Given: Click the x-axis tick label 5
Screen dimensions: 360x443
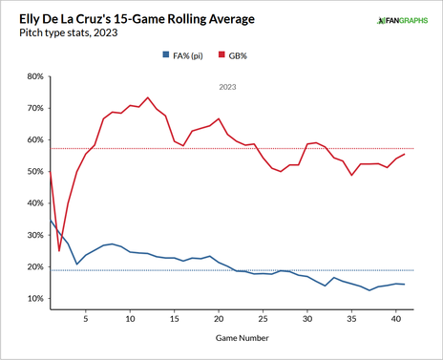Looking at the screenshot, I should (x=86, y=319).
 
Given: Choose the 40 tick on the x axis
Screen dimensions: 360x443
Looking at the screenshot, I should (x=395, y=319).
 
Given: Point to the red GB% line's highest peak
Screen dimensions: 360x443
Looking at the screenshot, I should (x=148, y=97).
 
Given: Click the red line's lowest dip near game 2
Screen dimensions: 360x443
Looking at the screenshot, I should (x=59, y=251).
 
